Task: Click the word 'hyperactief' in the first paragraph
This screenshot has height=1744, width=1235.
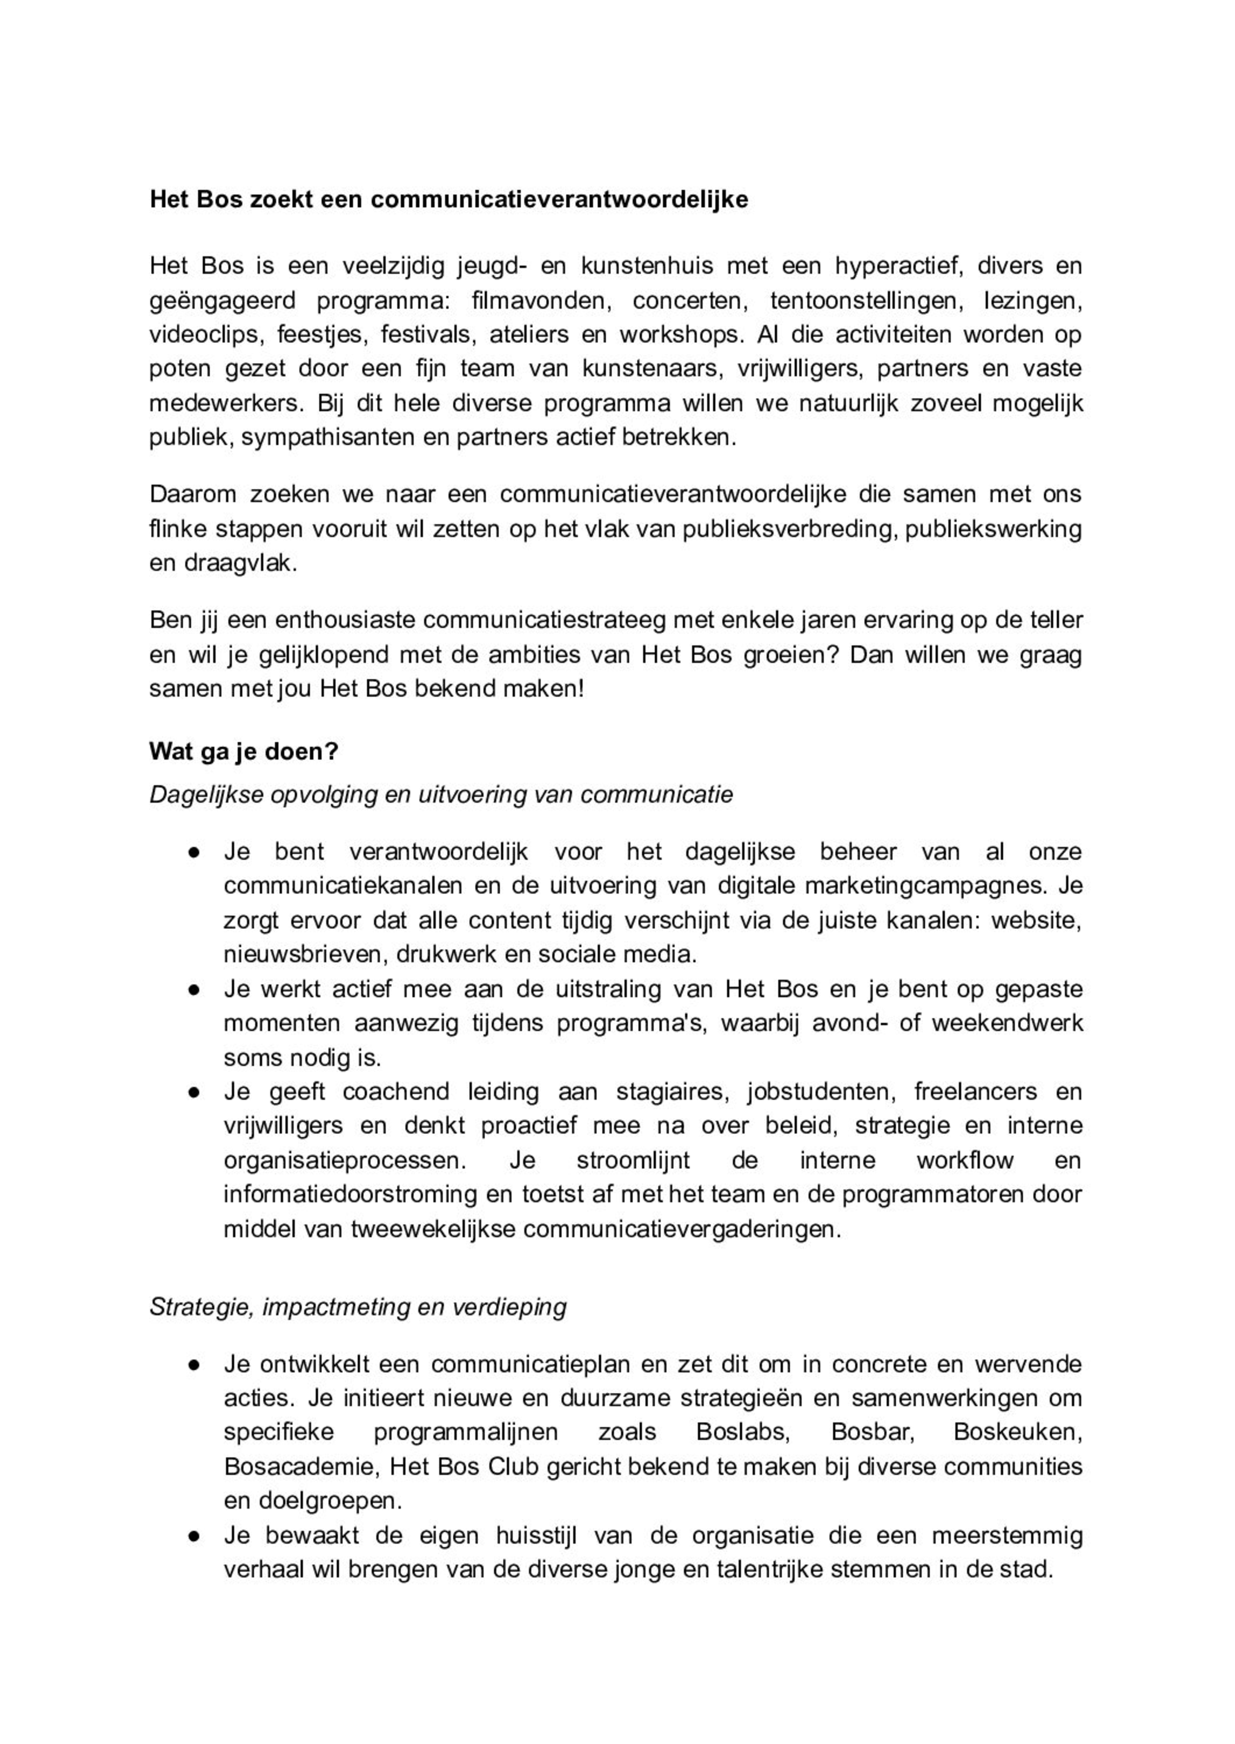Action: pos(895,266)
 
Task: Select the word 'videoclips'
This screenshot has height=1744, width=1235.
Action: pos(204,334)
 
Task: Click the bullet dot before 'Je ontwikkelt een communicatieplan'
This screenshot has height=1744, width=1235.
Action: pos(194,1365)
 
